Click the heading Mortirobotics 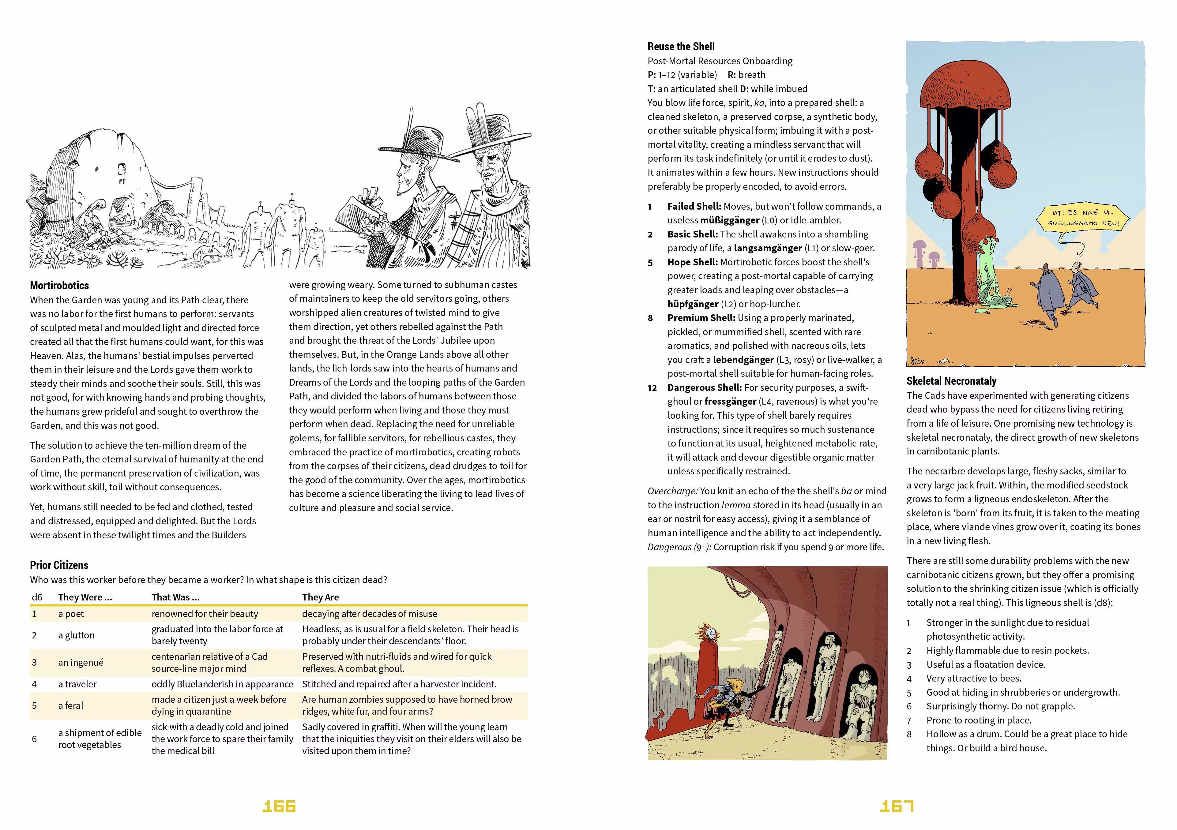[59, 285]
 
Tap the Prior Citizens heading [59, 565]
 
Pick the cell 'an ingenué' [81, 663]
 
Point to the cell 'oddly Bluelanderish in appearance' [222, 684]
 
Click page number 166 [279, 806]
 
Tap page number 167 [897, 806]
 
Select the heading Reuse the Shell [681, 47]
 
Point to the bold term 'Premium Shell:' [701, 318]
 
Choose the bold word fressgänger [730, 401]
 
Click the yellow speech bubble [1083, 218]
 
